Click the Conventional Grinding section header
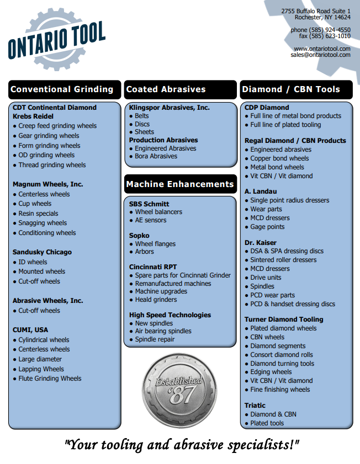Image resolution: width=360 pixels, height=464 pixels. pyautogui.click(x=61, y=89)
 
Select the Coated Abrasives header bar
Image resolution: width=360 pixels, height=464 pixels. pyautogui.click(x=166, y=89)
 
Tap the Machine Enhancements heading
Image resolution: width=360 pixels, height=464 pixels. pyautogui.click(x=180, y=184)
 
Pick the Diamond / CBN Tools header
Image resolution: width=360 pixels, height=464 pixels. pyautogui.click(x=290, y=89)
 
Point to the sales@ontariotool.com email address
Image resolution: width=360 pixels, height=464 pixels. pyautogui.click(x=320, y=55)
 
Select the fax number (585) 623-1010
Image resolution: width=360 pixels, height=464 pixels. pyautogui.click(x=332, y=36)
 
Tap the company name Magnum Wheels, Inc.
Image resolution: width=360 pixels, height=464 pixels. pyautogui.click(x=48, y=184)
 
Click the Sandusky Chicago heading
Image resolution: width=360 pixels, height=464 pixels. pyautogui.click(x=42, y=252)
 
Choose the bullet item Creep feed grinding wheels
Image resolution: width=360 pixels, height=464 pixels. pyautogui.click(x=57, y=126)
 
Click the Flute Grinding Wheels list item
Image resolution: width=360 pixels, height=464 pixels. pyautogui.click(x=50, y=378)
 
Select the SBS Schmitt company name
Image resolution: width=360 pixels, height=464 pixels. pyautogui.click(x=149, y=204)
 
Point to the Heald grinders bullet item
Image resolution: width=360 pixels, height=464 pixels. pyautogui.click(x=156, y=300)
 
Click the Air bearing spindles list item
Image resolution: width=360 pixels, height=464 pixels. pyautogui.click(x=163, y=331)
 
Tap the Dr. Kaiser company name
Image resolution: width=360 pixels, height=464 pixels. pyautogui.click(x=261, y=242)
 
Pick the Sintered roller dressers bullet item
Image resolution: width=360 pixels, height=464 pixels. pyautogui.click(x=283, y=260)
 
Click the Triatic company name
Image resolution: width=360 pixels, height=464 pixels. pyautogui.click(x=255, y=406)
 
